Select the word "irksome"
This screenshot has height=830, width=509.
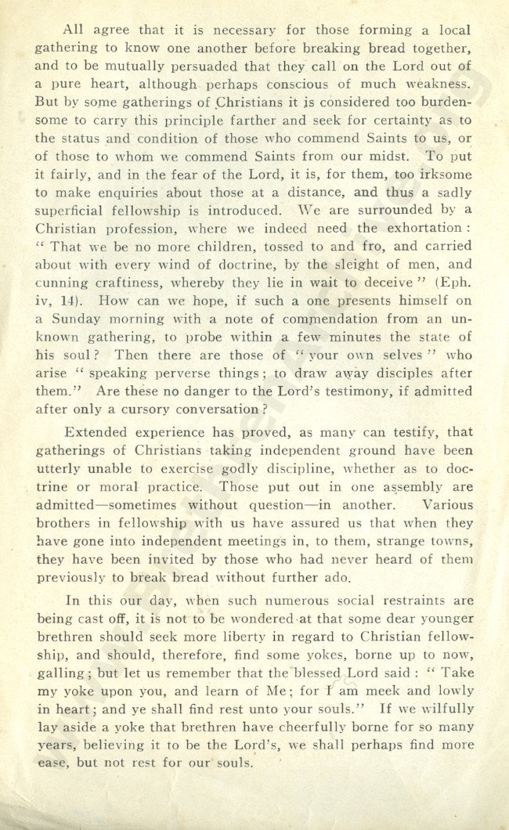444,175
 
